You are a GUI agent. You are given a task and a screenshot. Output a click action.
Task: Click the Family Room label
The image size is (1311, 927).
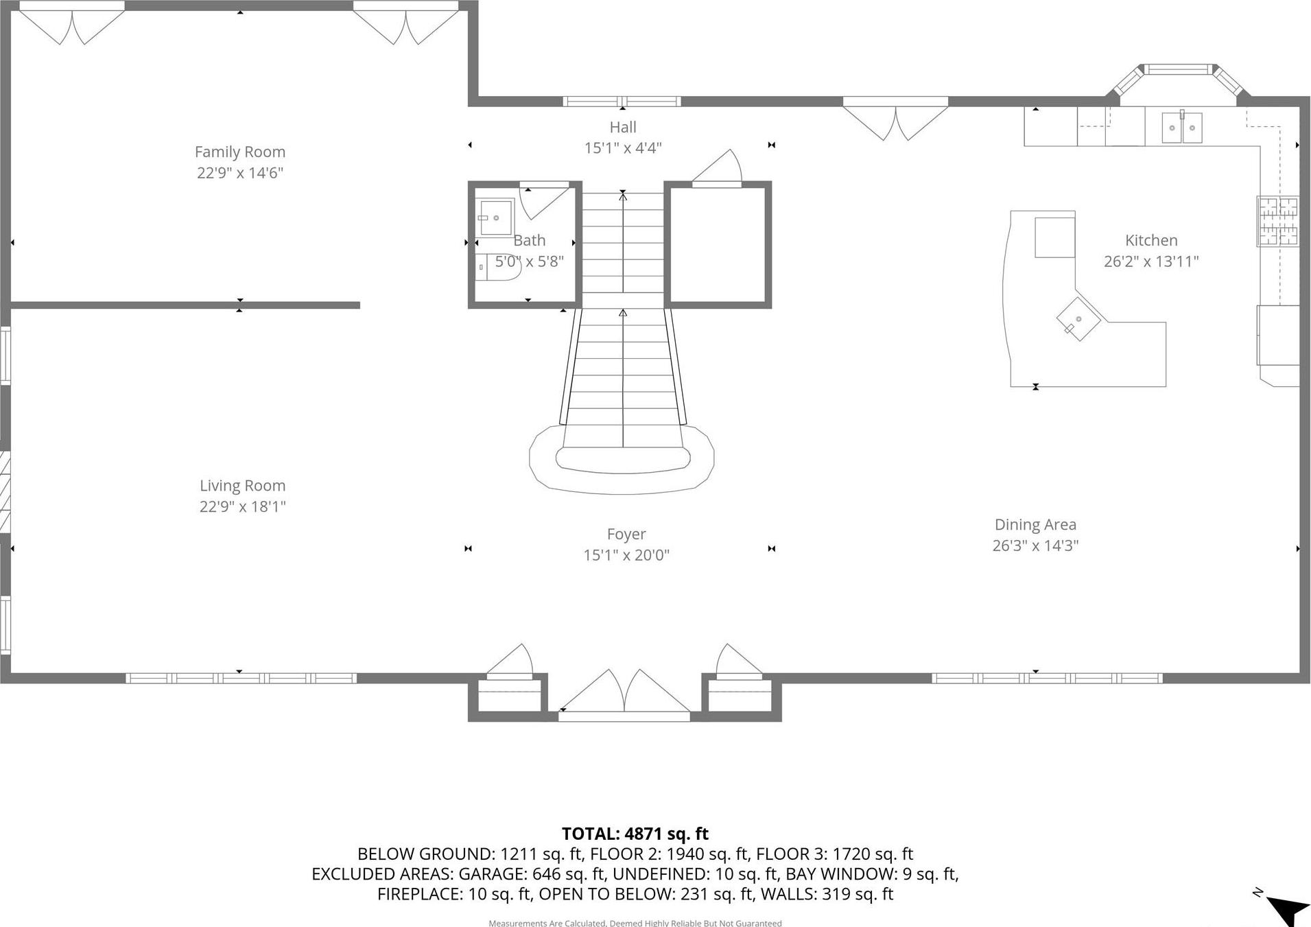[x=239, y=152]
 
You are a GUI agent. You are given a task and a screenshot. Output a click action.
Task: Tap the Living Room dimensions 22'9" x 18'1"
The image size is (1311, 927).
[x=242, y=506]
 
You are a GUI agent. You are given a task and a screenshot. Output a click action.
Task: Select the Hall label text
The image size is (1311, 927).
[x=622, y=127]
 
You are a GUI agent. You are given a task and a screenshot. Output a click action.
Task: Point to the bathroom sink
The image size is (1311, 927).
[x=495, y=218]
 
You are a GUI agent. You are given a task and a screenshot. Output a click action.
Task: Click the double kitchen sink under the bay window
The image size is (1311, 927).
[x=1181, y=128]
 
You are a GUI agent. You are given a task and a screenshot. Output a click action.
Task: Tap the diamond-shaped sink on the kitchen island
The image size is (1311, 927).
[x=1078, y=320]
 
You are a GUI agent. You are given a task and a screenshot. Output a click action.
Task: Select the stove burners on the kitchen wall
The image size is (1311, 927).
[x=1277, y=221]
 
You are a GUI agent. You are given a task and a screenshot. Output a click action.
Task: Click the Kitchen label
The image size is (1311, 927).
[x=1150, y=240]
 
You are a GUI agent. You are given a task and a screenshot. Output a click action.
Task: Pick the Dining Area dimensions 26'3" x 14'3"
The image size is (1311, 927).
[x=1035, y=545]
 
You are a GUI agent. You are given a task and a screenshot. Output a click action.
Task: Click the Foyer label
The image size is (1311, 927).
[x=626, y=534]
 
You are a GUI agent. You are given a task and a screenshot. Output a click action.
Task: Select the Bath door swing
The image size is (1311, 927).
[x=542, y=199]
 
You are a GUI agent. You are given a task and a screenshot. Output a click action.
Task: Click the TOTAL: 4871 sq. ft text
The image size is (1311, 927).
[x=635, y=834]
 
